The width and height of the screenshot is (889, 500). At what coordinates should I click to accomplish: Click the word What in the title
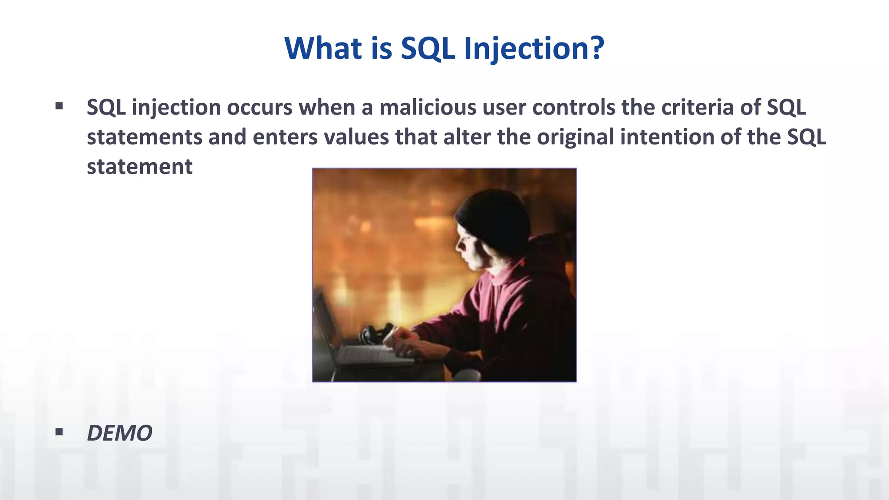pos(323,48)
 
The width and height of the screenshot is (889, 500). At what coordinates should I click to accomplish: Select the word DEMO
pos(119,433)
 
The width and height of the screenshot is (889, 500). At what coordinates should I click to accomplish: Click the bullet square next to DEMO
pos(59,432)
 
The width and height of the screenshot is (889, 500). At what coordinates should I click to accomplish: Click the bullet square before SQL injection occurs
pos(59,106)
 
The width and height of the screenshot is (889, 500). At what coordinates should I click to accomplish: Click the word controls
pos(573,107)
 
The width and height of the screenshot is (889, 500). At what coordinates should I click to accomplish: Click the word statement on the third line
pos(139,167)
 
